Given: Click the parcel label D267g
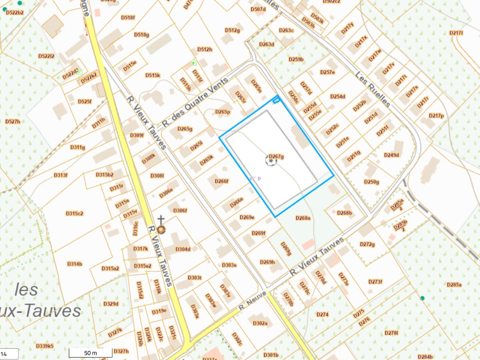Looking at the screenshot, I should [277, 157].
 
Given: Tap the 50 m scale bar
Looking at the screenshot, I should [90, 353].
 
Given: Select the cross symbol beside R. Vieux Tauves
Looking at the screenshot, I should [161, 219].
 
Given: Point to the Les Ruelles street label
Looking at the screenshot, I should [373, 89].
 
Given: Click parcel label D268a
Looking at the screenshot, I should [303, 217].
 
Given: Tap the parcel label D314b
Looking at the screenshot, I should [75, 264].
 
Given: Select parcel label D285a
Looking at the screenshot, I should [454, 285].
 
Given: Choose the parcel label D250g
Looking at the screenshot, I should [371, 182].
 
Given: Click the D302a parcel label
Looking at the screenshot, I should [260, 323].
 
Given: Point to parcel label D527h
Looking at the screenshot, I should [13, 121].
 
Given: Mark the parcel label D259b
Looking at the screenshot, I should [296, 60].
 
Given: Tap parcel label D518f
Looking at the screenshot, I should [128, 17].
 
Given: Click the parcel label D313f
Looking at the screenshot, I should [60, 175].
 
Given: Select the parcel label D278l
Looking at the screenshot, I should [391, 333].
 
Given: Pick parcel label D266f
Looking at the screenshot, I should [221, 181].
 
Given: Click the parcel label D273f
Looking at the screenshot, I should [375, 282].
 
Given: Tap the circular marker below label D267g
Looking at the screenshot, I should [271, 161].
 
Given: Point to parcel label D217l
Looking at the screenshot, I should [456, 33].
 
